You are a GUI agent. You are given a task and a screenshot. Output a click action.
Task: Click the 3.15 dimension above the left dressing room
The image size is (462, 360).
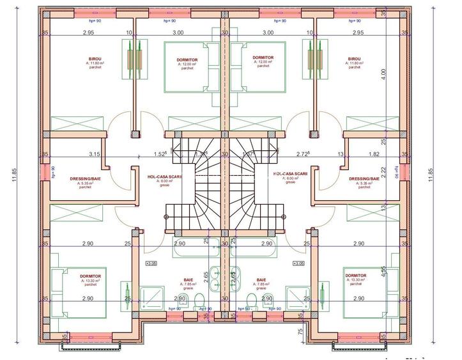95,154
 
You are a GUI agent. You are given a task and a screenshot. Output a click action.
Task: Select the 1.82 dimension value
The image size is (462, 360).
374,154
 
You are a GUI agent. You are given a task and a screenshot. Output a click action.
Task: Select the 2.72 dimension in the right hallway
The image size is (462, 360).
303,154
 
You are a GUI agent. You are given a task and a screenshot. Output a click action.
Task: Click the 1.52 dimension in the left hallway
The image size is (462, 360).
160,154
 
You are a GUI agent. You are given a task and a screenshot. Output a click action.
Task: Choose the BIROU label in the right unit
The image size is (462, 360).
354,58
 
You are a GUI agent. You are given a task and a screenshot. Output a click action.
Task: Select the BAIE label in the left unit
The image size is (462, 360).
188,280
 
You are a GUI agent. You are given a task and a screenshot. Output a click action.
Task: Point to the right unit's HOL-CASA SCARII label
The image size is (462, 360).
290,174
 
